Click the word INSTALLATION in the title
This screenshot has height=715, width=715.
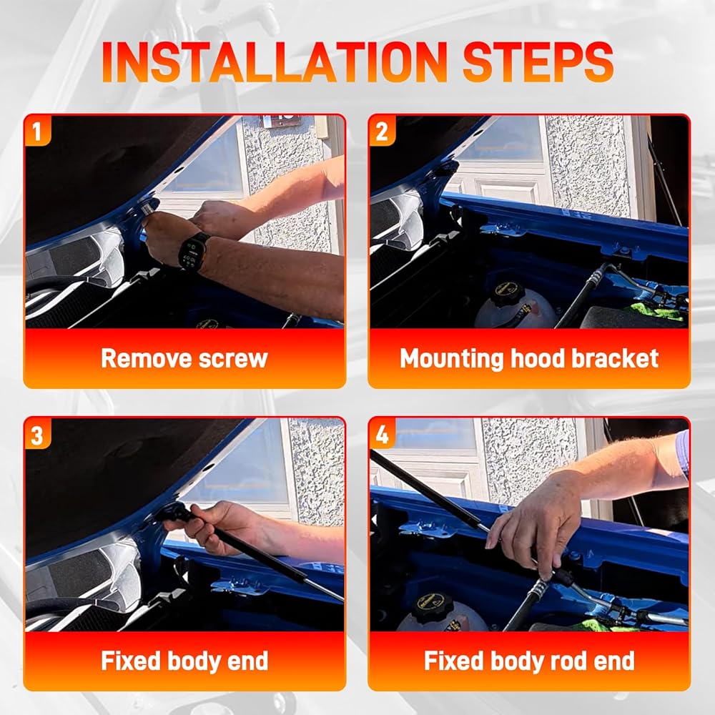click(x=275, y=62)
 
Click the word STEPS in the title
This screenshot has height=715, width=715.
click(x=538, y=62)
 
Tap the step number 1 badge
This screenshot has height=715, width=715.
click(x=37, y=131)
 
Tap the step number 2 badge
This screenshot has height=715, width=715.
click(x=382, y=131)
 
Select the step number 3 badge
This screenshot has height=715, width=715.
click(x=37, y=434)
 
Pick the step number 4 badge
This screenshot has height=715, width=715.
click(x=382, y=434)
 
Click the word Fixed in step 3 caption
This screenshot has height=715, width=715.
click(x=132, y=661)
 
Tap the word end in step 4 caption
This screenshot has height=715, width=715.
click(x=615, y=661)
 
